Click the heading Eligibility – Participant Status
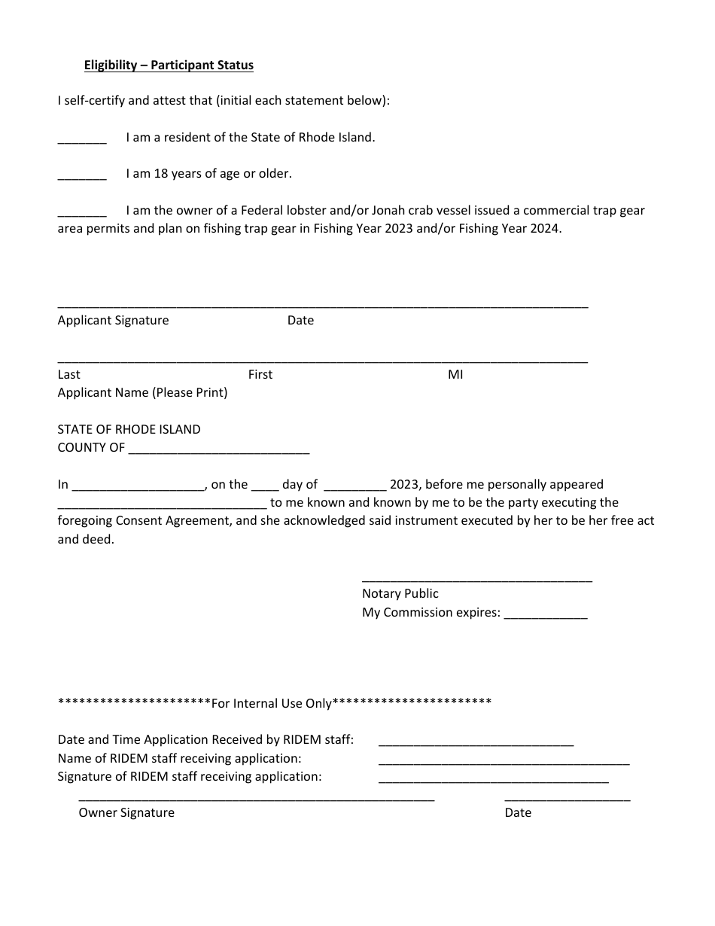pos(169,65)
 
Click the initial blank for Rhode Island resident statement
pos(82,141)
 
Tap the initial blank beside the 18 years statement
pos(82,177)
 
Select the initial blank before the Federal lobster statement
pos(82,214)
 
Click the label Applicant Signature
pos(113,320)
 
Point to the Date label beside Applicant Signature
pos(300,320)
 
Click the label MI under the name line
pos(455,374)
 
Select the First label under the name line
pos(260,374)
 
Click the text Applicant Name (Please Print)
pos(142,392)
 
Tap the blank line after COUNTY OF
pos(219,450)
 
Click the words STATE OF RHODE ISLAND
pos(129,429)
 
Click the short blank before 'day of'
pos(265,488)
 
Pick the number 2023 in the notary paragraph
pos(404,485)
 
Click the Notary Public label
pos(400,593)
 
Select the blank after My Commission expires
pos(545,616)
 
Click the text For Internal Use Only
pos(272,703)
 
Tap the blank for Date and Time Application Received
pos(476,743)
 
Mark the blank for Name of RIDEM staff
pos(504,761)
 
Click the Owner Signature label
pos(126,812)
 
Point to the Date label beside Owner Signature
pos(518,812)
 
